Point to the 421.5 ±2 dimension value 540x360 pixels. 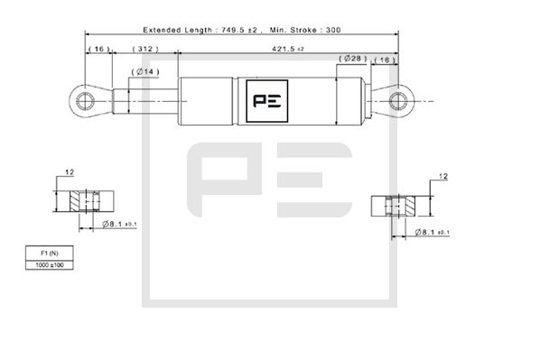pyautogui.click(x=287, y=47)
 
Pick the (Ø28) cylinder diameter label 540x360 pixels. pyautogui.click(x=352, y=59)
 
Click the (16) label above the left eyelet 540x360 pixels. pyautogui.click(x=98, y=47)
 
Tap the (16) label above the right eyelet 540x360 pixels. pyautogui.click(x=384, y=59)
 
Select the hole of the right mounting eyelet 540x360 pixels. pyautogui.click(x=398, y=98)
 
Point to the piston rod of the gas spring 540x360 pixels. pyautogui.click(x=149, y=99)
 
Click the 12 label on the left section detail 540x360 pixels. pyautogui.click(x=70, y=171)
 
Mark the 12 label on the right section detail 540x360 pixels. pyautogui.click(x=443, y=176)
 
